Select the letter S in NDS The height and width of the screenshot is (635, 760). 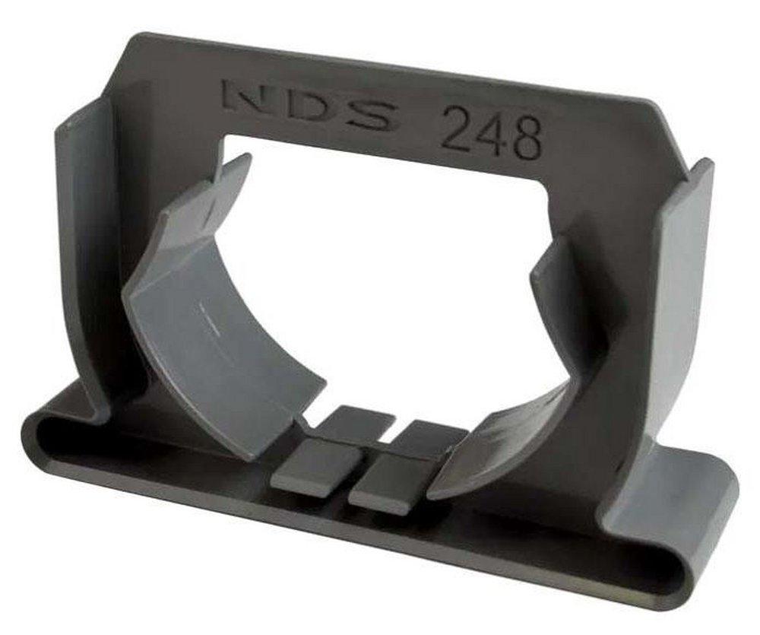pyautogui.click(x=370, y=116)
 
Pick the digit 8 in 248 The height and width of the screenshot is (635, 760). pyautogui.click(x=527, y=139)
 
